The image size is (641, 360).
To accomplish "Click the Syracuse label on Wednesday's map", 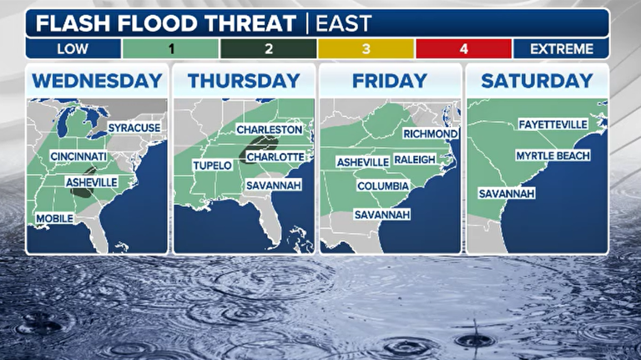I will (134, 127).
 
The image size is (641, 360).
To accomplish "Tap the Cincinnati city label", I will (78, 156).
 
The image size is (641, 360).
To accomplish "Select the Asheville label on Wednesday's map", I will (91, 181).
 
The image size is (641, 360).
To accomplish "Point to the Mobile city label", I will (54, 219).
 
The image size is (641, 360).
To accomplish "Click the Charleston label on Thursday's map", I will (269, 129).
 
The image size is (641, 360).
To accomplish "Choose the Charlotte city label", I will (275, 156).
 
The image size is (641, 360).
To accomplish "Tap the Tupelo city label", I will (212, 165).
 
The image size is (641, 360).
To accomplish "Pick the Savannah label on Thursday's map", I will (273, 185).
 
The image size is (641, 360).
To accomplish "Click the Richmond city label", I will (430, 134).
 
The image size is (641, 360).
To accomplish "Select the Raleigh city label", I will (415, 160).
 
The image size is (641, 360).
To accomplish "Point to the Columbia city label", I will (383, 185).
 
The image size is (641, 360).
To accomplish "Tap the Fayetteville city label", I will (553, 124).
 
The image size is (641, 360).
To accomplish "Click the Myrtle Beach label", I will (553, 155).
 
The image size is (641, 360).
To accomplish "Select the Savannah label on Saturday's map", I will (507, 193).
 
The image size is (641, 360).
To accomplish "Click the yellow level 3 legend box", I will (366, 48).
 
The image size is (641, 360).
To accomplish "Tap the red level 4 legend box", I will (463, 48).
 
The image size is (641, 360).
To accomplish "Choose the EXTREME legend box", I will (560, 48).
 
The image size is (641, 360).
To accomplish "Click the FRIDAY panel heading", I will (390, 81).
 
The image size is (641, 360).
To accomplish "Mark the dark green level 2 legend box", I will (268, 48).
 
